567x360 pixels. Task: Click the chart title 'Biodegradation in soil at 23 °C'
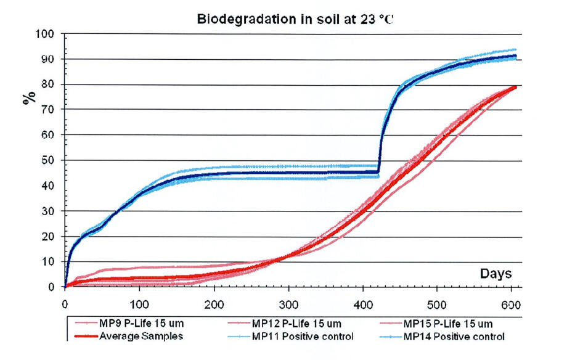coord(295,18)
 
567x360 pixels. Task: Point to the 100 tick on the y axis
coord(47,33)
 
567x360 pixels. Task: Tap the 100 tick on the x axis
coord(139,304)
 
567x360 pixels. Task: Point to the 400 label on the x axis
coord(362,304)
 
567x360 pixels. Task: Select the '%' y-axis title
coord(28,99)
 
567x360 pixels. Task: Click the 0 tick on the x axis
coord(65,304)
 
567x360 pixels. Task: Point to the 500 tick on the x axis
coord(436,304)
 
